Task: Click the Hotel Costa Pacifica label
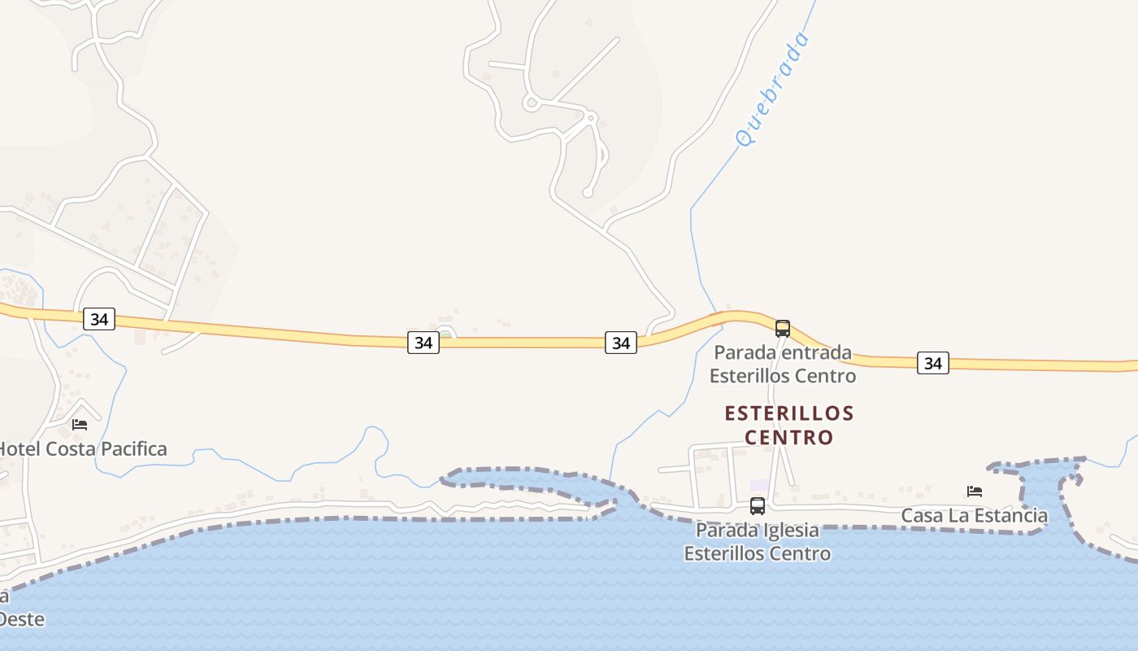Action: tap(82, 448)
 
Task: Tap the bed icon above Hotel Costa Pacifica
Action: tap(80, 424)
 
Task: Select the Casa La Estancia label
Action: tap(975, 515)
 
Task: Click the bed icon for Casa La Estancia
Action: tap(975, 491)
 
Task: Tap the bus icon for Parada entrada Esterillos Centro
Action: tap(783, 329)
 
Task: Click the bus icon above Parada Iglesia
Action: tap(758, 506)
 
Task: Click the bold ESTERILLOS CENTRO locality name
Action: tap(789, 425)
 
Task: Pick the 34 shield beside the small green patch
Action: tap(423, 343)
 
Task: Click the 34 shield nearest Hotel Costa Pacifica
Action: tap(99, 319)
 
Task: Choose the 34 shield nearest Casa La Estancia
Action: tap(933, 363)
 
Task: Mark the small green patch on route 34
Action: tap(445, 334)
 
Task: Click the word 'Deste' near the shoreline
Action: tap(21, 618)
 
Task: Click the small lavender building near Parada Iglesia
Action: tap(758, 486)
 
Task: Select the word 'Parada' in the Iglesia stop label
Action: tap(725, 531)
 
